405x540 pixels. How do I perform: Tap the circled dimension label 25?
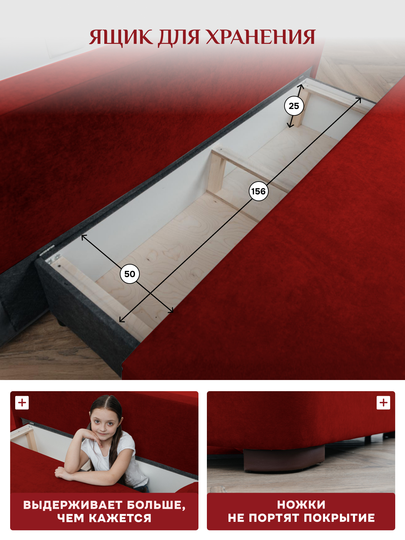294,106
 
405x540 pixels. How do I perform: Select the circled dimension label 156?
259,191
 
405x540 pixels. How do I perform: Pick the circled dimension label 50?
130,274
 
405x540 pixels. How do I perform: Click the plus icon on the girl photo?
22,403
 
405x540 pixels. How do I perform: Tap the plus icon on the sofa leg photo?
383,403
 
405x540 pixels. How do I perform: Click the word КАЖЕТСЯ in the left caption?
120,516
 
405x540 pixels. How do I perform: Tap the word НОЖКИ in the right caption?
301,503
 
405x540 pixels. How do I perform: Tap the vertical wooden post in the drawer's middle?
216,172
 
